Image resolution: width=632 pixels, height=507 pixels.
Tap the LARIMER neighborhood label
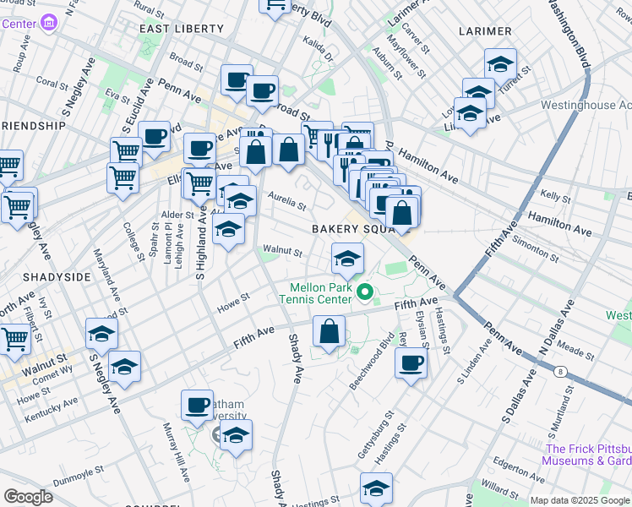coord(485,31)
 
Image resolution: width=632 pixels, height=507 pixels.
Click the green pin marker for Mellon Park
coord(365,292)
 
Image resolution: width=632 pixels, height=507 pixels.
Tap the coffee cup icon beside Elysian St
coord(411,363)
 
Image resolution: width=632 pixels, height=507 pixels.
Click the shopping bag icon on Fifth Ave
coord(329,331)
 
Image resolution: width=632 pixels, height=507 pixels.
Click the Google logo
coord(28,497)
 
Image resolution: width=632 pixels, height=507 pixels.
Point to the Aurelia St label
coord(286,202)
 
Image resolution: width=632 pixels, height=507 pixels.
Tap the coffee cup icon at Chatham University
coord(198,406)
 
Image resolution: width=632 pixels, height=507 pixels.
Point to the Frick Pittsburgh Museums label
coord(588,455)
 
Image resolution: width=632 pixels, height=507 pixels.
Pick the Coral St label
coord(52,84)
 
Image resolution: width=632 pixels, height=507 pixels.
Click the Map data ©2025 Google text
coord(580,500)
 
